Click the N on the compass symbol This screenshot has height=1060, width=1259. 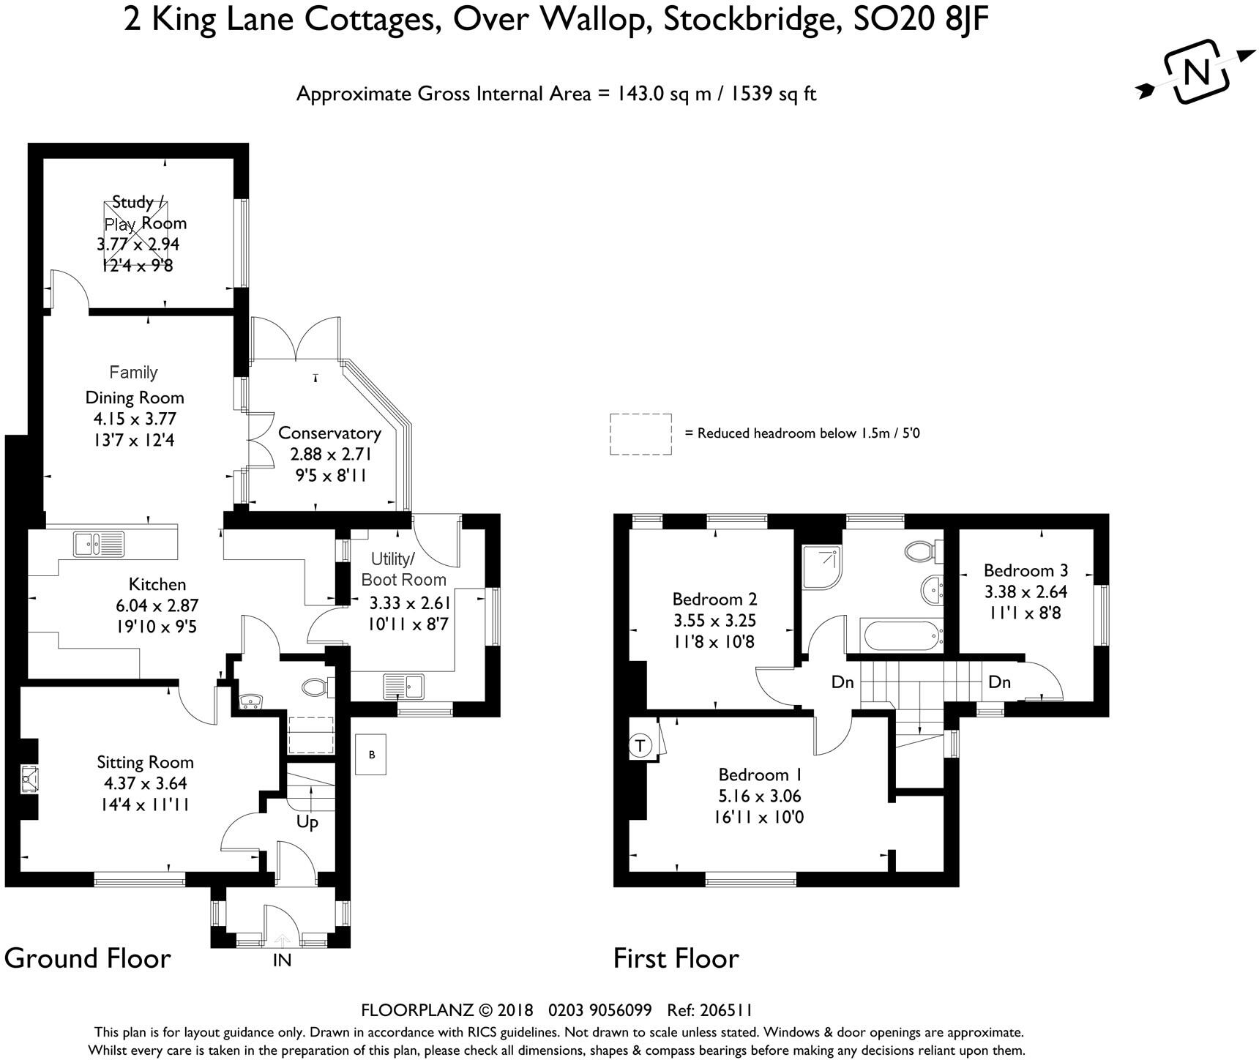1197,72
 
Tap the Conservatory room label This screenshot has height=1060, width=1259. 329,433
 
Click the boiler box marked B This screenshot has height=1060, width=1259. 372,755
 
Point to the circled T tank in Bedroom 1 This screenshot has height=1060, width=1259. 640,746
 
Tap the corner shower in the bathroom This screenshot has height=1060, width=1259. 822,565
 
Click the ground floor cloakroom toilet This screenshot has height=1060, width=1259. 316,687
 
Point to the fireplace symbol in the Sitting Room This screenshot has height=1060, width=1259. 29,779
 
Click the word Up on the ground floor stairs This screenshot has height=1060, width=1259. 307,822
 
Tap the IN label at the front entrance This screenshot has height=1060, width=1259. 282,960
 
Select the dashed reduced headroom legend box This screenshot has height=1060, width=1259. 640,434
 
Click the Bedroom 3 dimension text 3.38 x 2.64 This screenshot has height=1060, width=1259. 1025,591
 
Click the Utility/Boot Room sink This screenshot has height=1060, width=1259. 403,686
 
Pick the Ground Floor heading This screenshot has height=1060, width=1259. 88,958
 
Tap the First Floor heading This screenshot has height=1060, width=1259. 676,958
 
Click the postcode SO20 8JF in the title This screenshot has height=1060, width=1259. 922,19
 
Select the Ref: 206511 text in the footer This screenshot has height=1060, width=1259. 710,1010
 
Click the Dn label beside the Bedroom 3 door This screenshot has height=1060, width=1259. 999,682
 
